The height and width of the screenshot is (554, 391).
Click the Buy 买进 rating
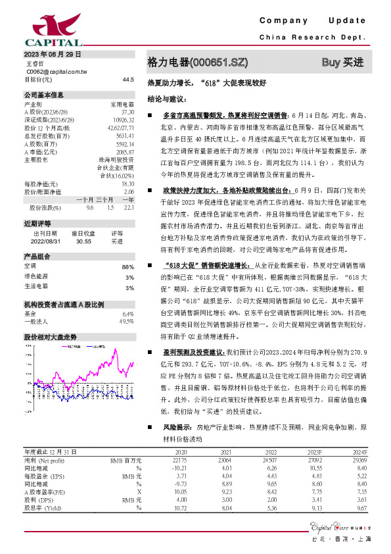click(342, 63)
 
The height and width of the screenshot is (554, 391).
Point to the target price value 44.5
click(128, 79)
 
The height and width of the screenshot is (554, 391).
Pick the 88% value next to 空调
click(128, 266)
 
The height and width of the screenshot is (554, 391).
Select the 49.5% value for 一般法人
click(126, 322)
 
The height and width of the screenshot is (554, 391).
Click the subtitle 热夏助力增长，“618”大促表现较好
click(207, 84)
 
